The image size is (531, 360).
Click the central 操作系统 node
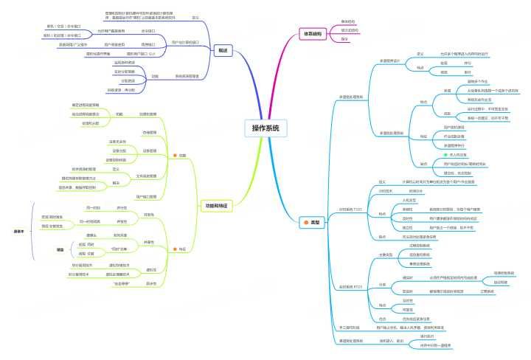pyautogui.click(x=265, y=128)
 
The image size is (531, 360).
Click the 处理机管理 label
pyautogui.click(x=147, y=114)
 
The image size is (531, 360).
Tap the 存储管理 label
pyautogui.click(x=150, y=131)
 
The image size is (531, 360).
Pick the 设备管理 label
pyautogui.click(x=150, y=150)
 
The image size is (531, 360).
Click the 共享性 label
pyautogui.click(x=150, y=241)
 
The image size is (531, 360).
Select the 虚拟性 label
pyautogui.click(x=150, y=269)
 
